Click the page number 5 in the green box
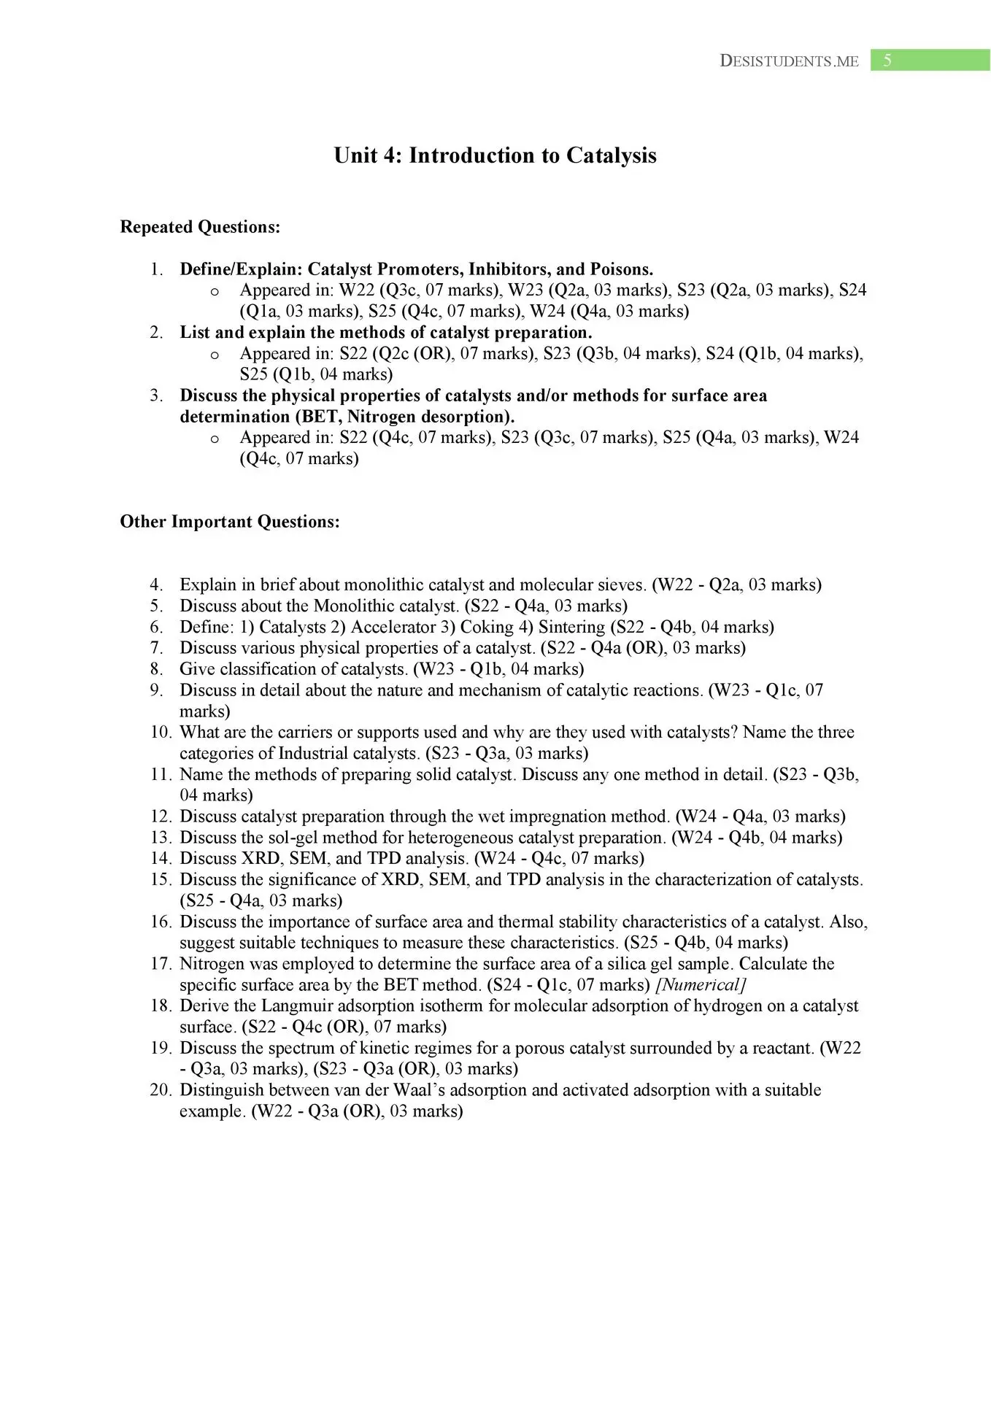(887, 61)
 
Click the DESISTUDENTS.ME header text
(789, 61)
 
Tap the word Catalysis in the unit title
(612, 155)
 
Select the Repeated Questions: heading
(200, 227)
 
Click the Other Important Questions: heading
(230, 522)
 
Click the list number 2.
(156, 333)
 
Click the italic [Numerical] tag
(701, 985)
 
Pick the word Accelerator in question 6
(394, 627)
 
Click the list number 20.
(161, 1090)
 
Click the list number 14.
(161, 858)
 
